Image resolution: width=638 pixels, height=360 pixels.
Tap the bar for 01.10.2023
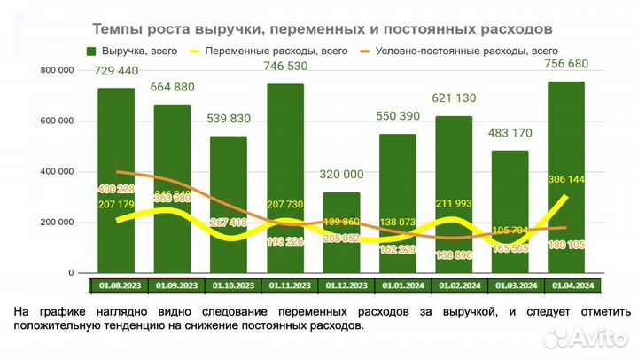point(230,204)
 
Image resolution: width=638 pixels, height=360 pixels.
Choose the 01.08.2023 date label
point(117,286)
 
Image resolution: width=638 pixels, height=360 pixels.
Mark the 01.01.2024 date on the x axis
point(399,286)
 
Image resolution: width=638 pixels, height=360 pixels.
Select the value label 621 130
point(455,98)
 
